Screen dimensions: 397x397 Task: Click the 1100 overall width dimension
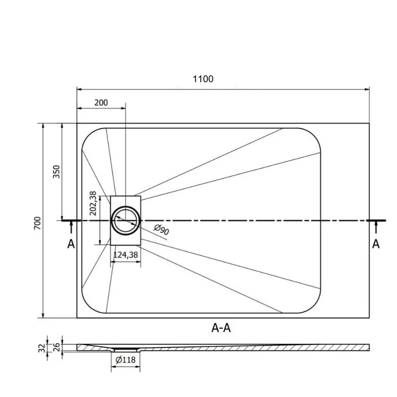coord(203,79)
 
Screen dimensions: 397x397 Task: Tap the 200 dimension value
coord(101,102)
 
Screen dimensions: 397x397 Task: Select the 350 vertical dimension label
coord(56,172)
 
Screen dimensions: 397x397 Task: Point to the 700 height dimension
coord(37,223)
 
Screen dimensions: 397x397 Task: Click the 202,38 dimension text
coord(93,203)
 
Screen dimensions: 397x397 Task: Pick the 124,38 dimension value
coord(125,255)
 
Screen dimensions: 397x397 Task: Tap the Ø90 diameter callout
coord(161,229)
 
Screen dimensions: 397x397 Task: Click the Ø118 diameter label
coord(125,360)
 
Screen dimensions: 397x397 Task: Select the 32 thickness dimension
coord(42,348)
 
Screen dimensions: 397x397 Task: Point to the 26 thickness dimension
coord(57,347)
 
